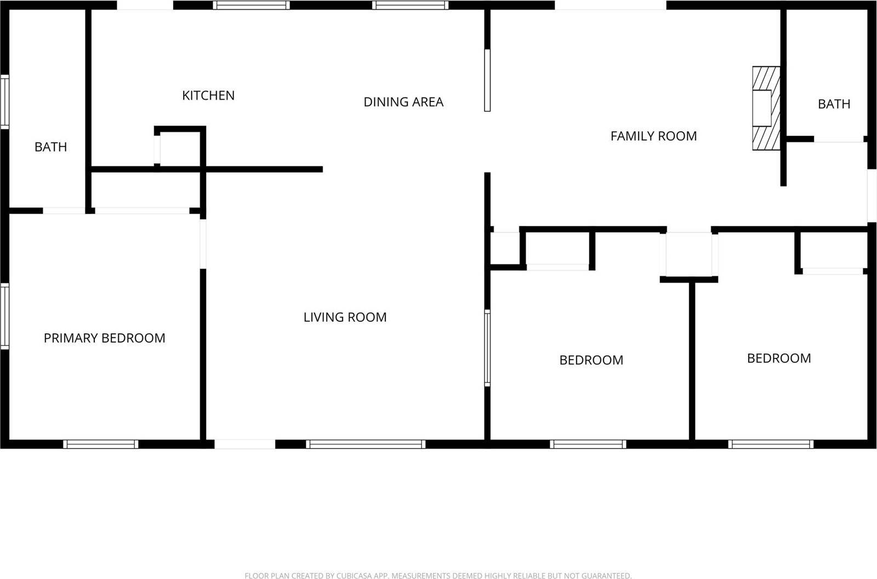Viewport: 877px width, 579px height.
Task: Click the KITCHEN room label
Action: pyautogui.click(x=208, y=95)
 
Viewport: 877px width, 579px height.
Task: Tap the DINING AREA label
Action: pyautogui.click(x=403, y=102)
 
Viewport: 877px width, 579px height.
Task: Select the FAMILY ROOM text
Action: pyautogui.click(x=653, y=136)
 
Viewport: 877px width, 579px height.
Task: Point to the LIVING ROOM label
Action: pyautogui.click(x=345, y=317)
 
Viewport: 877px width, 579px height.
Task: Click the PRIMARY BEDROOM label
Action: pyautogui.click(x=104, y=338)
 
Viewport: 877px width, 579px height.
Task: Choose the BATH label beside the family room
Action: pyautogui.click(x=834, y=104)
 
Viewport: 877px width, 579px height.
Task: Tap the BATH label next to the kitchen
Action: pyautogui.click(x=50, y=147)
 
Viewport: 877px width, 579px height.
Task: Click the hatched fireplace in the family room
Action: pyautogui.click(x=766, y=108)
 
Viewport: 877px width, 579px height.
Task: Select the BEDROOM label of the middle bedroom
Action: pyautogui.click(x=591, y=360)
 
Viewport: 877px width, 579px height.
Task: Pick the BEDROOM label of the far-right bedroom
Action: pyautogui.click(x=778, y=359)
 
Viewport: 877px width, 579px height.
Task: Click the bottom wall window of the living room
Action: pyautogui.click(x=365, y=444)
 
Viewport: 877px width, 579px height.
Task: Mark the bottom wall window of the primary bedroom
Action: pyautogui.click(x=100, y=444)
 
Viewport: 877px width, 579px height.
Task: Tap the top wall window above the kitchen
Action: pyautogui.click(x=251, y=5)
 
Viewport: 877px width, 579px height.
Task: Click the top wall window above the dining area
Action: pyautogui.click(x=410, y=5)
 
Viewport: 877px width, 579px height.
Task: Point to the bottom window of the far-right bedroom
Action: pyautogui.click(x=771, y=444)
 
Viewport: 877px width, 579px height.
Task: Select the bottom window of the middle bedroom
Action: pyautogui.click(x=588, y=444)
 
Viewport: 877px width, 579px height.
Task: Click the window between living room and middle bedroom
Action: pyautogui.click(x=487, y=348)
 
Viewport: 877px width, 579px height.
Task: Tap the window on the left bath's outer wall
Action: pyautogui.click(x=5, y=101)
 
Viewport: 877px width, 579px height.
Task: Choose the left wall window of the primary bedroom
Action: pyautogui.click(x=5, y=316)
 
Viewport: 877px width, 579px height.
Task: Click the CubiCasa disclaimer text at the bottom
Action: pyautogui.click(x=438, y=575)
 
